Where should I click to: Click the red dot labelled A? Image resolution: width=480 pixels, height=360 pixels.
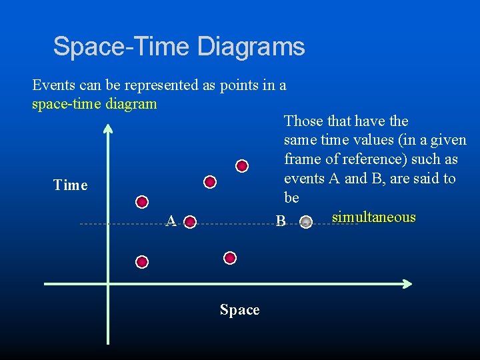click(190, 221)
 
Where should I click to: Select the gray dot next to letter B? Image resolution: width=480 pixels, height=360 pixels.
click(305, 222)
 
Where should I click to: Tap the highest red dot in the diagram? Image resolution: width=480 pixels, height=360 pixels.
click(242, 165)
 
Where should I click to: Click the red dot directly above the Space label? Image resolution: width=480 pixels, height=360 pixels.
click(230, 257)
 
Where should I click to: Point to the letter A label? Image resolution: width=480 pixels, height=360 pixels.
click(171, 221)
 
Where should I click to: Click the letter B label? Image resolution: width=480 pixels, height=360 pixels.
click(281, 221)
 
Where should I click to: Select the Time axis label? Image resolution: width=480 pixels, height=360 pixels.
click(70, 185)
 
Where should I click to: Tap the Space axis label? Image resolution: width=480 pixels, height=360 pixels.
click(239, 310)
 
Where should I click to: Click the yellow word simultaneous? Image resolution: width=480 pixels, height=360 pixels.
click(373, 217)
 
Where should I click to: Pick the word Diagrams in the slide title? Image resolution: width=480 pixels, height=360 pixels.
click(251, 47)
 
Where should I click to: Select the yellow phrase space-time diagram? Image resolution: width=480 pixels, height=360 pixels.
click(94, 104)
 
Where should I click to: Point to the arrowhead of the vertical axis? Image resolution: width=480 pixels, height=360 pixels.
click(108, 128)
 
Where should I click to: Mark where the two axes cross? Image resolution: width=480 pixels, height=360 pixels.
click(108, 284)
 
